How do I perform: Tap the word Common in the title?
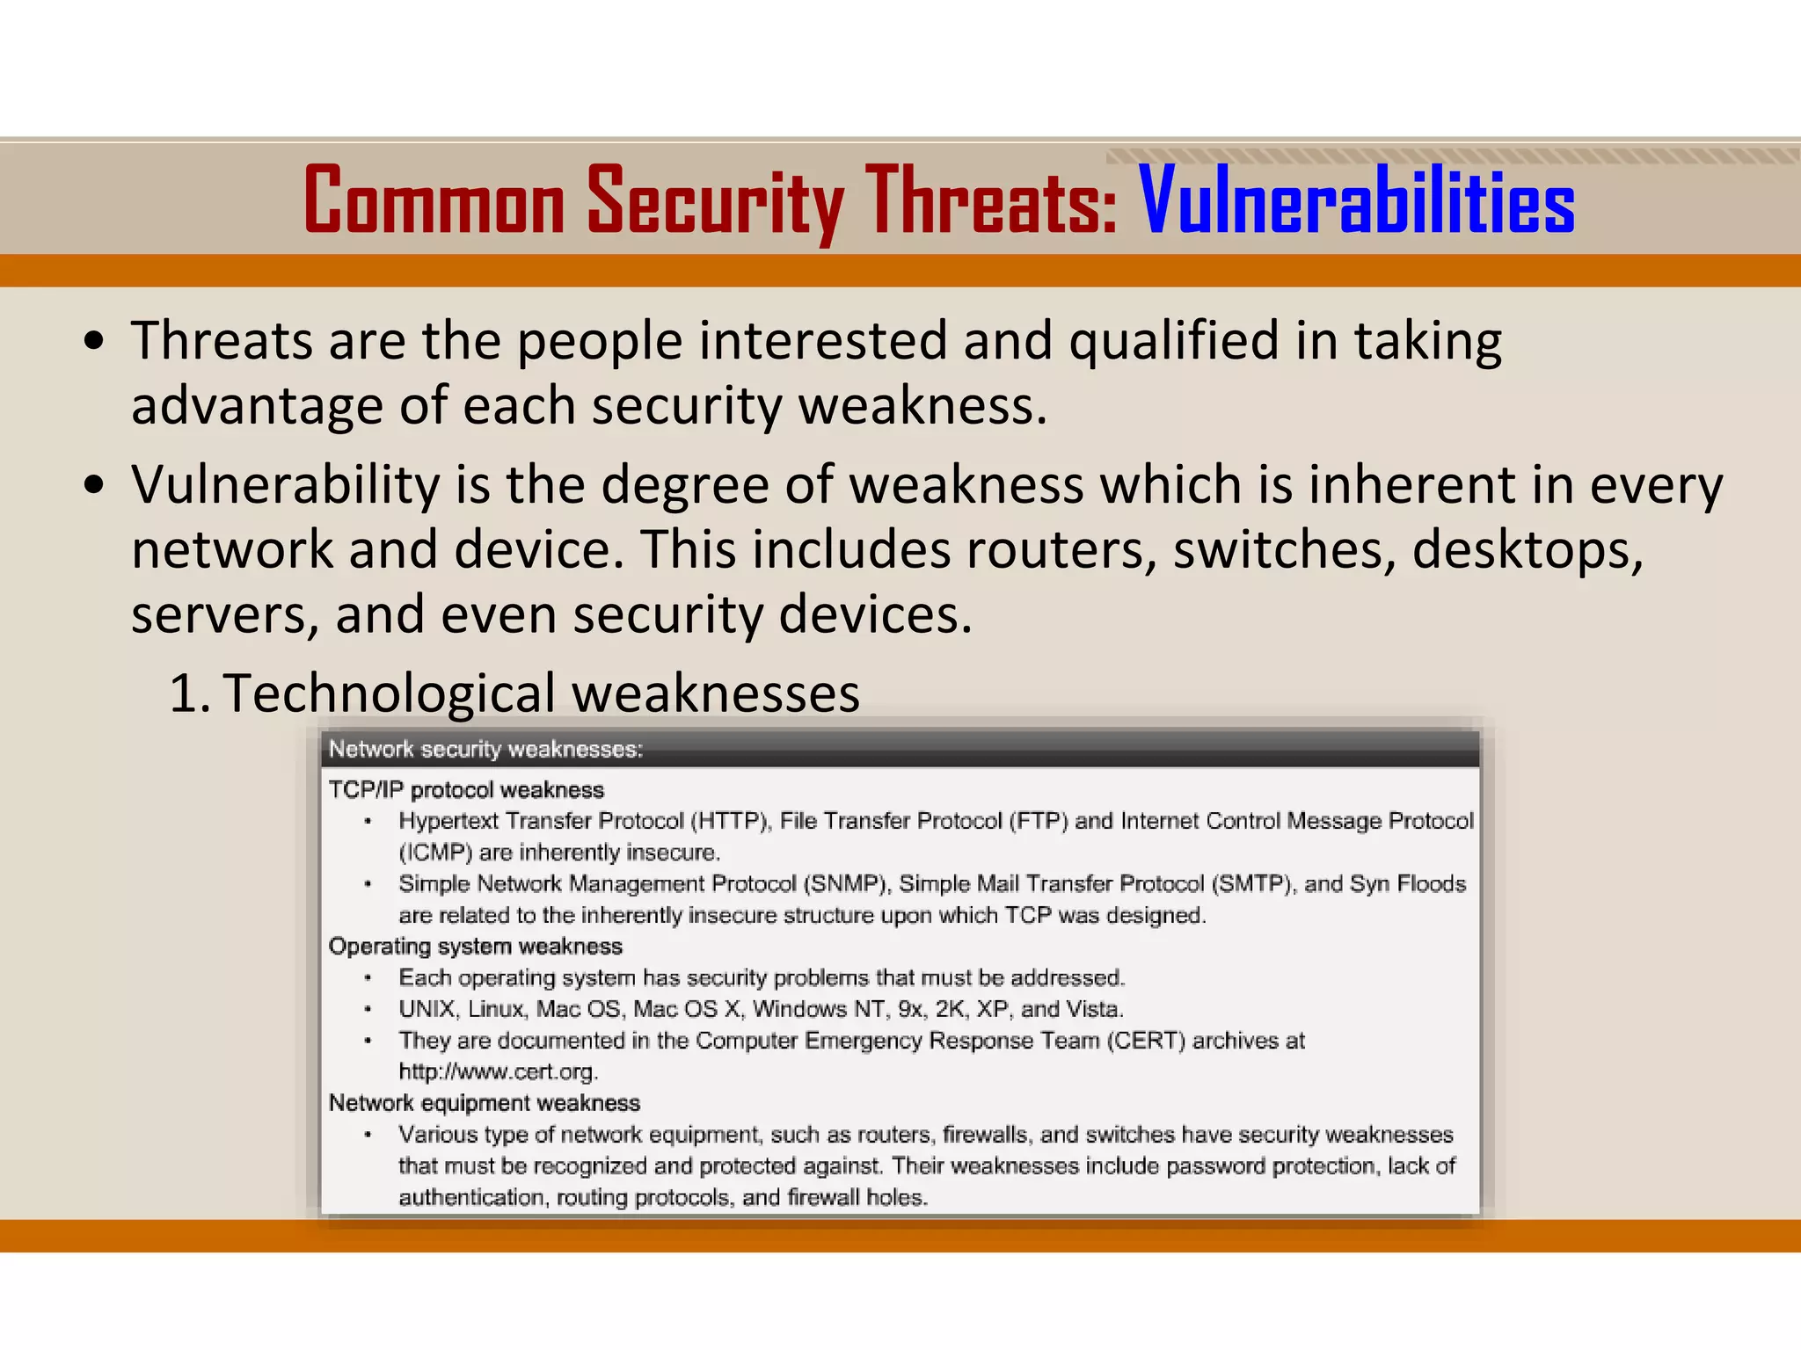434,202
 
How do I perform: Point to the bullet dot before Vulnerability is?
95,485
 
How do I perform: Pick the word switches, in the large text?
1284,549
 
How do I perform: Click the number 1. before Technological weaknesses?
188,693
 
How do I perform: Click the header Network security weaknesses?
485,749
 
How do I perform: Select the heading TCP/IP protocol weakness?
466,789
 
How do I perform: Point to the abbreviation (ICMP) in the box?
435,853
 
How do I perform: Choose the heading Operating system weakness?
475,946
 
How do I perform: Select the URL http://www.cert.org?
498,1071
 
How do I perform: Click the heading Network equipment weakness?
484,1102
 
